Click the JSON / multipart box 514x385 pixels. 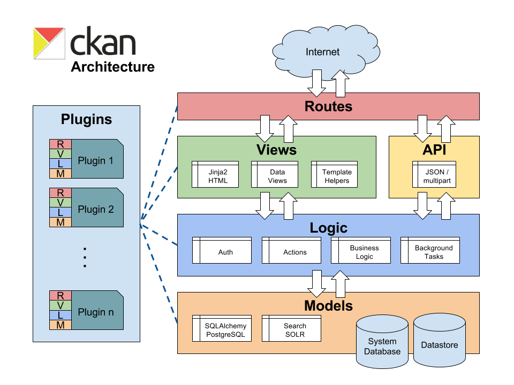tap(434, 176)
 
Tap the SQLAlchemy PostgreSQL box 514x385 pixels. tap(222, 330)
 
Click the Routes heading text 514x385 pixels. tap(328, 106)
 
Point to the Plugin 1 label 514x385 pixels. tap(96, 160)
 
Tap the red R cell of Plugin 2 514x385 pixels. tap(61, 192)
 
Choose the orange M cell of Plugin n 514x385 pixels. tap(61, 325)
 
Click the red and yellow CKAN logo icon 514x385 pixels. tap(49, 43)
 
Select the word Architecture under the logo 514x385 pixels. tap(113, 67)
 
